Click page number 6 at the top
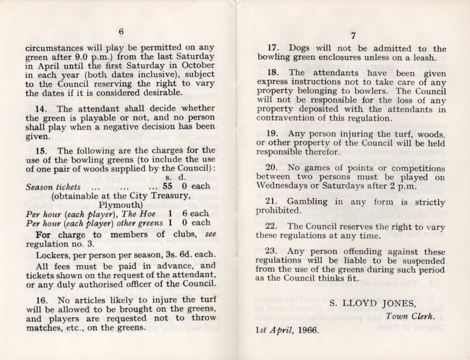coord(121,32)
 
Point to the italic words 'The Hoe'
coord(143,214)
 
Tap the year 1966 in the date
coord(307,330)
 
